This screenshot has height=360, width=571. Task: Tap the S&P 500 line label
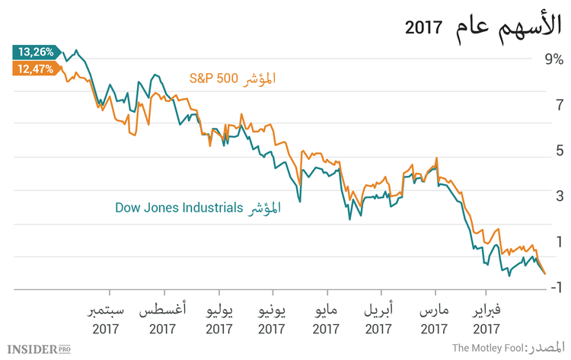click(232, 78)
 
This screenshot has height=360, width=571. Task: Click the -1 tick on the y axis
click(553, 286)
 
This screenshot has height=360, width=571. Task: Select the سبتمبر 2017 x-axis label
click(110, 320)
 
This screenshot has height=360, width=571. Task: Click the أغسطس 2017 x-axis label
click(164, 320)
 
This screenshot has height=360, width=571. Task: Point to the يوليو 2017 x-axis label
click(219, 320)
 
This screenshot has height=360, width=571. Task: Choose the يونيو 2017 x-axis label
click(273, 320)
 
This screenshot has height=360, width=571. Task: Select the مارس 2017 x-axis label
click(435, 320)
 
